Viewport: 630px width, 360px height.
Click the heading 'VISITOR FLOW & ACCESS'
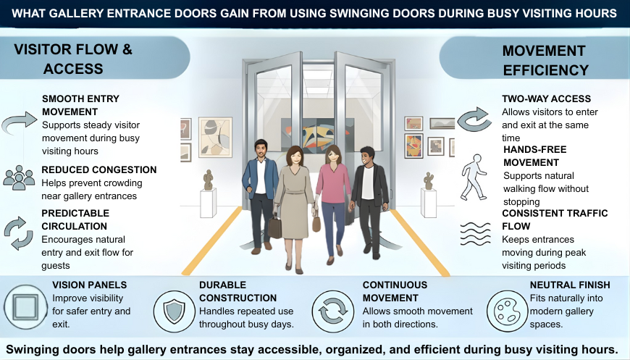pyautogui.click(x=73, y=59)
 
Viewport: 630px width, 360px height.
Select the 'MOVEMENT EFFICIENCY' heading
pyautogui.click(x=544, y=60)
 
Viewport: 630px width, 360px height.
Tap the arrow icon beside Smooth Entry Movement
pyautogui.click(x=19, y=122)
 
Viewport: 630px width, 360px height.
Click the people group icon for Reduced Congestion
pyautogui.click(x=19, y=177)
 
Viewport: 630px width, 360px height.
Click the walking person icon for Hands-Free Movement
pyautogui.click(x=474, y=177)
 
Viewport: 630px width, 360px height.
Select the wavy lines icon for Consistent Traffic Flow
pyautogui.click(x=474, y=233)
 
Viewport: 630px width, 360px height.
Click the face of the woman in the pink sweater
pyautogui.click(x=334, y=156)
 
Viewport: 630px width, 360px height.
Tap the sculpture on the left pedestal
pyautogui.click(x=208, y=179)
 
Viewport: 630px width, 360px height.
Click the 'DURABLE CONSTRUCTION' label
pyautogui.click(x=238, y=291)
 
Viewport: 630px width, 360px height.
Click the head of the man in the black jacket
pyautogui.click(x=367, y=154)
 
